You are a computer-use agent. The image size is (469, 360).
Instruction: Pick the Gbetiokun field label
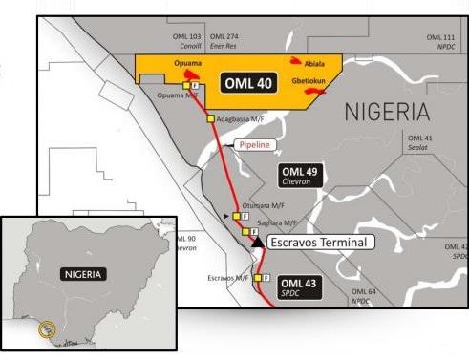point(314,95)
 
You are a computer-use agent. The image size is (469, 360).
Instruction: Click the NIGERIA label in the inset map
point(85,273)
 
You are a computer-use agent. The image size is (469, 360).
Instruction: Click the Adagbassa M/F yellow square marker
point(209,119)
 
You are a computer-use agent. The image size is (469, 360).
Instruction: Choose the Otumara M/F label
point(264,204)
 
